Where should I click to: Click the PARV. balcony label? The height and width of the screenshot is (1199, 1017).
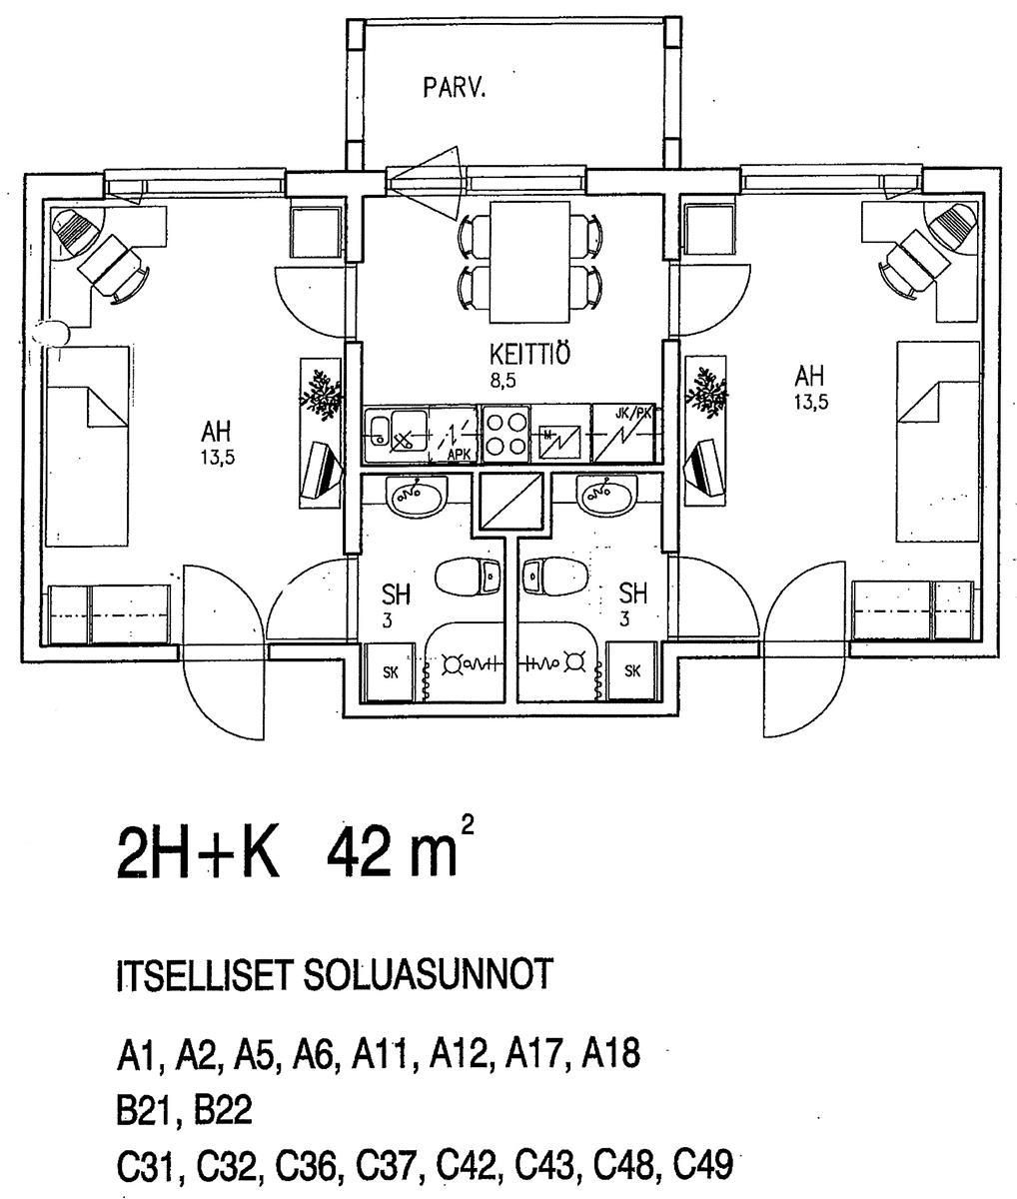coord(455,89)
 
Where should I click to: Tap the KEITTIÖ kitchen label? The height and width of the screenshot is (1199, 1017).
coord(529,354)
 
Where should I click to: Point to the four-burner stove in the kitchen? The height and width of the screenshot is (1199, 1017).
coord(506,434)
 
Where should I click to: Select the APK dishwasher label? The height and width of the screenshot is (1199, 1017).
coord(459,456)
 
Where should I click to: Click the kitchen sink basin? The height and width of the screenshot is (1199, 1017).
coord(401,434)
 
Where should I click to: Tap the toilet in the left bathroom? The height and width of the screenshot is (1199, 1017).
coord(467,576)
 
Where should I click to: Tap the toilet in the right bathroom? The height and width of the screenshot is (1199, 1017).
coord(554,576)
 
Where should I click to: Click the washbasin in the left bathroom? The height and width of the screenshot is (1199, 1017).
coord(418,495)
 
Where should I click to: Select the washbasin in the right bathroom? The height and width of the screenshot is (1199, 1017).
coord(606,495)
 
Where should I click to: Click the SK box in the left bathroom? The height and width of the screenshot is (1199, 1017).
coord(391,672)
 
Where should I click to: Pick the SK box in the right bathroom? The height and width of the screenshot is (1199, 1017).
coord(632,671)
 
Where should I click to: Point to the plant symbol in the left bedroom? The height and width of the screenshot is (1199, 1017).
coord(320,394)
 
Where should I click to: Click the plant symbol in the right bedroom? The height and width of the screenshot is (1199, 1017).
coord(705,393)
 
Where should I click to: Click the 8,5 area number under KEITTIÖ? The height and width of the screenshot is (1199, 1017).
coord(503,381)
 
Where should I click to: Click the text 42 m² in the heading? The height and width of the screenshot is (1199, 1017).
coord(401,854)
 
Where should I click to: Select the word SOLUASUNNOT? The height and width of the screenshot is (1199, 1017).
coord(429,974)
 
